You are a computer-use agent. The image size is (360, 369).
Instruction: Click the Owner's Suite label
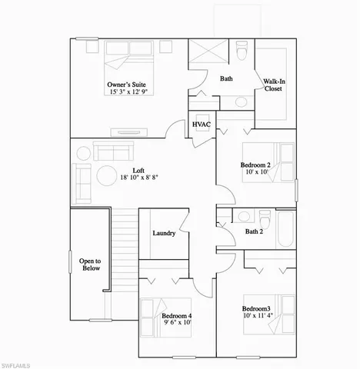pyautogui.click(x=127, y=84)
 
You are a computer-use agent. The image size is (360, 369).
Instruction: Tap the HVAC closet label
pyautogui.click(x=202, y=125)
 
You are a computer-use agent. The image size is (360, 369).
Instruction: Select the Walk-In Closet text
pyautogui.click(x=274, y=85)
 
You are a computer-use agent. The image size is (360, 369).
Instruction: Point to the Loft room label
pyautogui.click(x=139, y=171)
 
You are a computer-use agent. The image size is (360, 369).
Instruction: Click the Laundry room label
pyautogui.click(x=165, y=234)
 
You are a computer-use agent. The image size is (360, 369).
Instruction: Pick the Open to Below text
pyautogui.click(x=90, y=266)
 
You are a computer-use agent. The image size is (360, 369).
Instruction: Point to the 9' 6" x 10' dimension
pyautogui.click(x=176, y=324)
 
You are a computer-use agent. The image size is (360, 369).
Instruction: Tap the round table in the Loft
pyautogui.click(x=105, y=176)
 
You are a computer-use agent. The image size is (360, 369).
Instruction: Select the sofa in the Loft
pyautogui.click(x=114, y=149)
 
